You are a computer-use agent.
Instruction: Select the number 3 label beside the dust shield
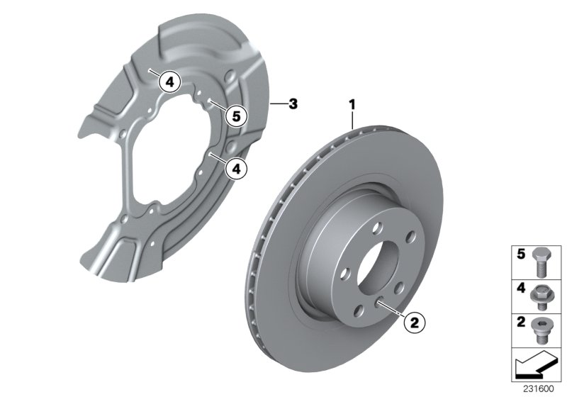coord(294,104)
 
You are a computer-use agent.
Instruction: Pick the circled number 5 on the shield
coord(237,114)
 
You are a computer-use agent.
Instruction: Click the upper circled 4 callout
coord(169,82)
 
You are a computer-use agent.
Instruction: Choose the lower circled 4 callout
coord(237,168)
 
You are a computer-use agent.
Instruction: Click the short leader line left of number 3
coord(279,104)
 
